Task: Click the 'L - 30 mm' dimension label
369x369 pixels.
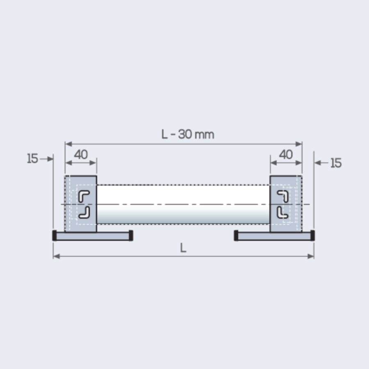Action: tap(187, 134)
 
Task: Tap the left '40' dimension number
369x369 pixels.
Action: tap(81, 155)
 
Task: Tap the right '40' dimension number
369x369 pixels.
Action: tap(285, 155)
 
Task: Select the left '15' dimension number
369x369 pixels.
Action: tap(32, 159)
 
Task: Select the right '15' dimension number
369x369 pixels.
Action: tap(335, 163)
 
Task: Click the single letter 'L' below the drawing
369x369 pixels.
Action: tap(183, 248)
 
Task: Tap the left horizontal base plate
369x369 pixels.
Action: tap(92, 236)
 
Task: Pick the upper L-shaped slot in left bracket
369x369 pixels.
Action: tap(84, 196)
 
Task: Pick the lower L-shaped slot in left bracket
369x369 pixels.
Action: tap(84, 212)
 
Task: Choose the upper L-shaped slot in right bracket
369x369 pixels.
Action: tap(282, 196)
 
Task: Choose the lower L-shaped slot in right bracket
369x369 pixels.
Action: tap(282, 212)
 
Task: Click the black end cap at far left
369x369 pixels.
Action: tap(55, 235)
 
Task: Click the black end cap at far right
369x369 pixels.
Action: tap(312, 235)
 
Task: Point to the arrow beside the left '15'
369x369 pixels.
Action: tap(47, 159)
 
